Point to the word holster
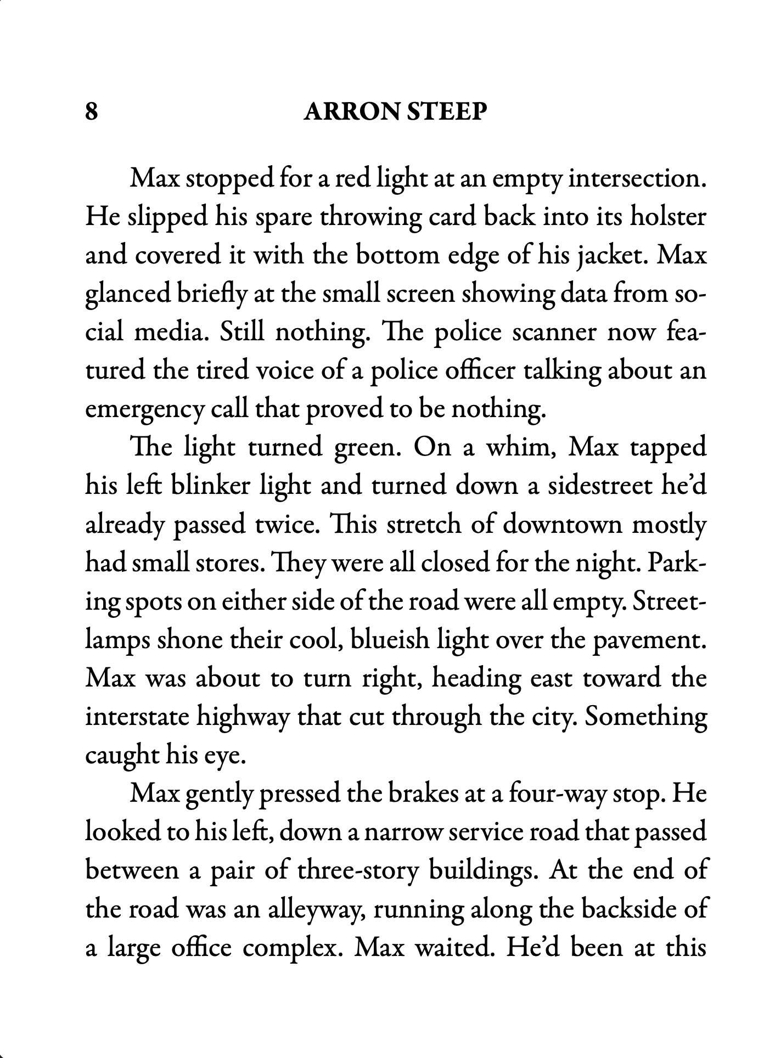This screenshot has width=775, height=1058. tap(667, 218)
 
